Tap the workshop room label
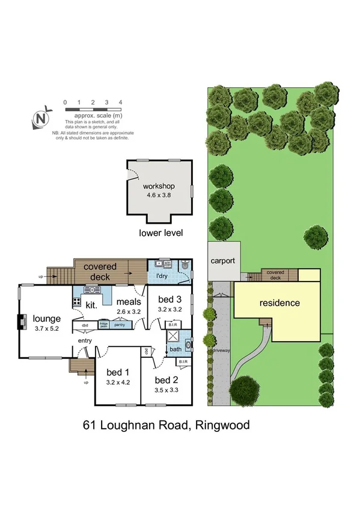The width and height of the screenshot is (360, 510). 158,186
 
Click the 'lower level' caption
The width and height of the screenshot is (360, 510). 160,233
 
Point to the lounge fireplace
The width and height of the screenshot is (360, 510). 22,322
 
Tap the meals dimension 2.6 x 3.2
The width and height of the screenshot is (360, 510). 128,312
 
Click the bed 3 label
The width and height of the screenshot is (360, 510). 169,299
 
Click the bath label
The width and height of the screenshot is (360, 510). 176,348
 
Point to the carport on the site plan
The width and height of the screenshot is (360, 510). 224,261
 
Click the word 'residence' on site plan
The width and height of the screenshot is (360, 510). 279,303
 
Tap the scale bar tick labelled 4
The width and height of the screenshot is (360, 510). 121,103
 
